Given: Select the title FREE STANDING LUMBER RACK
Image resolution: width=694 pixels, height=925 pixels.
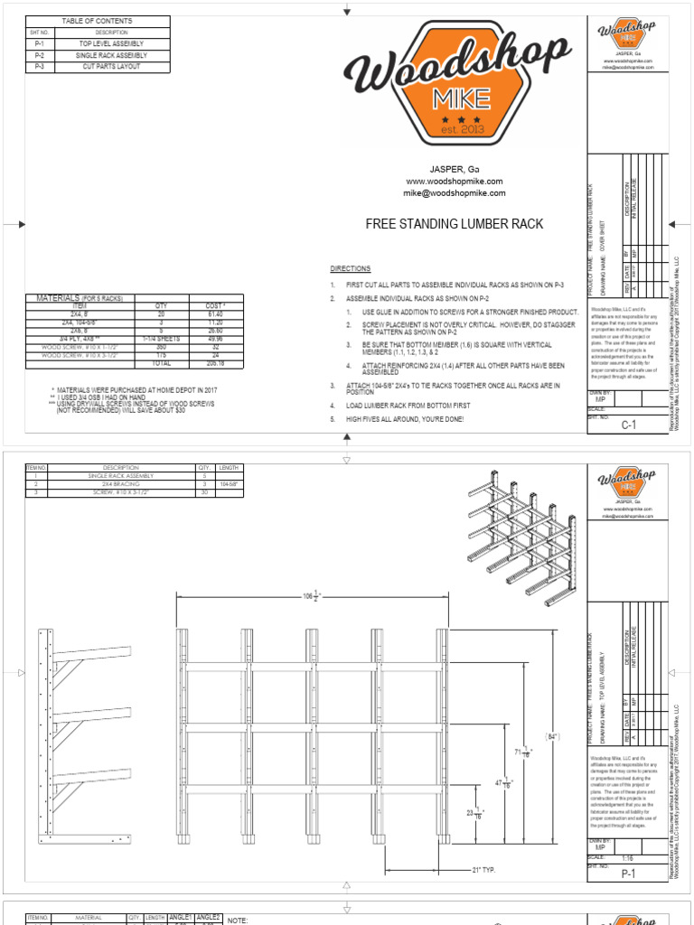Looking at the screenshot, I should pyautogui.click(x=441, y=223).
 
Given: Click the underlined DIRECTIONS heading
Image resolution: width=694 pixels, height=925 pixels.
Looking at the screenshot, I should pyautogui.click(x=350, y=269).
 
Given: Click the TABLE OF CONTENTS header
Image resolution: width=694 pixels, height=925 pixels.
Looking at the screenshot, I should pyautogui.click(x=96, y=20).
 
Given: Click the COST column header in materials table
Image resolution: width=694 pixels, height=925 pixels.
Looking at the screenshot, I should pyautogui.click(x=214, y=306).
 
